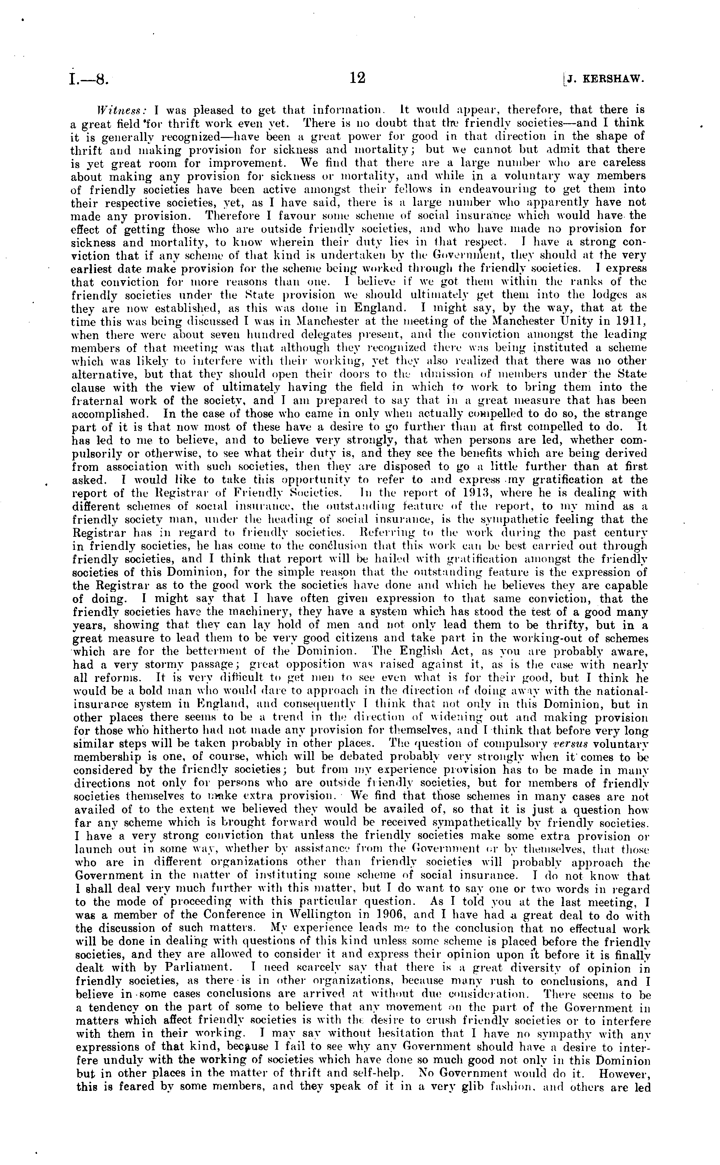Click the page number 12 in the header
[x=358, y=78]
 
